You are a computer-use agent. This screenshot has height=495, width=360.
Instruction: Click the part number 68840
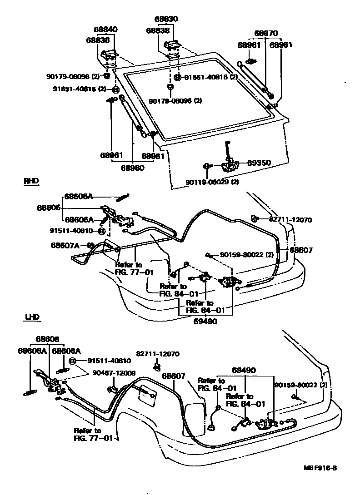(x=106, y=30)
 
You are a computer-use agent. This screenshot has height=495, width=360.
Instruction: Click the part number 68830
(x=167, y=20)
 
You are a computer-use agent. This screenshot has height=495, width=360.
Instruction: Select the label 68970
(x=265, y=34)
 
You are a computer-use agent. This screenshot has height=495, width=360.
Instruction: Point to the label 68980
(x=132, y=168)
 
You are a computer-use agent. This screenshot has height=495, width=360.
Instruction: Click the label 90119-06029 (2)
(x=212, y=182)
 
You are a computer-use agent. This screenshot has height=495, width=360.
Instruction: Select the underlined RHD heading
(x=31, y=181)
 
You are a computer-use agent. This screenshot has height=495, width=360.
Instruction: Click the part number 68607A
(x=65, y=245)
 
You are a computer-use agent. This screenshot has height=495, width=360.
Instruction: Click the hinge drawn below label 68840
(x=110, y=56)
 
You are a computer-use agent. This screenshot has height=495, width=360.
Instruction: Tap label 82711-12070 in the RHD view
(x=290, y=219)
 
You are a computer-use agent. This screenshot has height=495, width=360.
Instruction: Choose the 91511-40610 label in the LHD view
(x=106, y=361)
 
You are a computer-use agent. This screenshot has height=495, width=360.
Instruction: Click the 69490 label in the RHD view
(x=205, y=321)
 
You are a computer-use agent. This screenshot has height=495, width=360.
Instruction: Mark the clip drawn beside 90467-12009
(x=112, y=389)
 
